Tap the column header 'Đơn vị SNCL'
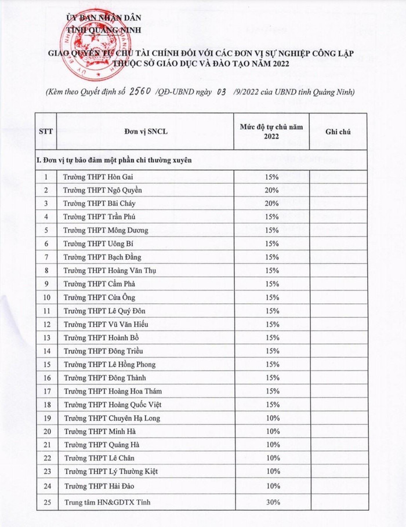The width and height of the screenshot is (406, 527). click(x=142, y=132)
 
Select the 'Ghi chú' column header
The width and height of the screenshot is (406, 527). click(x=338, y=132)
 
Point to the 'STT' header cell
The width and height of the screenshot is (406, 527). click(x=46, y=132)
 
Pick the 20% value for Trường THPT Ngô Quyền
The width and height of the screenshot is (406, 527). click(x=272, y=190)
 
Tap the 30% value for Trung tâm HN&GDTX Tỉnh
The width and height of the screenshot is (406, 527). click(x=272, y=502)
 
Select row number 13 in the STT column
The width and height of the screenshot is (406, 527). click(x=46, y=337)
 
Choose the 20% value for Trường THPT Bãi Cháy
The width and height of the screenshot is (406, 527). click(x=272, y=203)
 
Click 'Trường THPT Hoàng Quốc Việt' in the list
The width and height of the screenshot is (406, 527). click(x=111, y=405)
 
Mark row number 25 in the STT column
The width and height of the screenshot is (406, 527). click(x=46, y=502)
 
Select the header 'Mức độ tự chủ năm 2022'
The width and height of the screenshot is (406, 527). click(x=271, y=132)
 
